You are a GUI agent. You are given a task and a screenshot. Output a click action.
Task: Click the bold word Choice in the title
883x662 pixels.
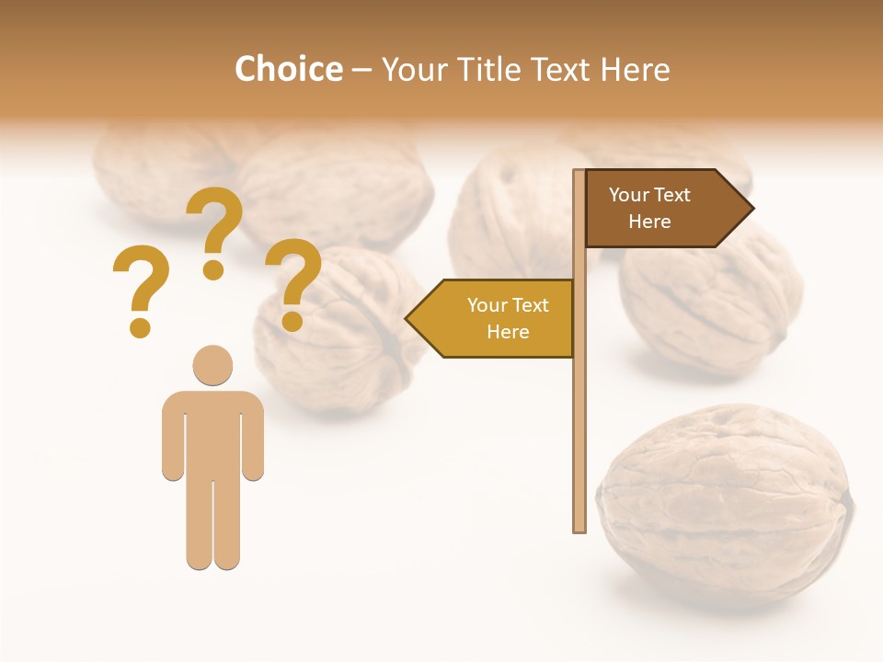pos(288,69)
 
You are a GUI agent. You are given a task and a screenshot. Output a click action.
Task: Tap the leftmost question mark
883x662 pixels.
pos(140,290)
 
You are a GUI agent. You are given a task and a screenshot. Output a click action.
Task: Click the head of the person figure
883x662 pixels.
pos(212,365)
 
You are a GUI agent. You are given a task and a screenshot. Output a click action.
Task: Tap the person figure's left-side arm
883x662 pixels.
pos(173,437)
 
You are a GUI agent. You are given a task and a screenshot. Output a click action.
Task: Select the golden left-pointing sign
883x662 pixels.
pos(497,318)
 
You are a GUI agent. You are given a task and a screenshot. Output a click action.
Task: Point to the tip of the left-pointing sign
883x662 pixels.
pos(409,319)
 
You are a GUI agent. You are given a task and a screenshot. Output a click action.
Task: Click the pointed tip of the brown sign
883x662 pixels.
pos(750,209)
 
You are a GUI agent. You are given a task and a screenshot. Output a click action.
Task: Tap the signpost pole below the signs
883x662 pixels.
pos(579,441)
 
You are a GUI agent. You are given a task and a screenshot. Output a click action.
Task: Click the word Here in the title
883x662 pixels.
pos(636,69)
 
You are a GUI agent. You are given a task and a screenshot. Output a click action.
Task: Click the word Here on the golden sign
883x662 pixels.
pos(508,332)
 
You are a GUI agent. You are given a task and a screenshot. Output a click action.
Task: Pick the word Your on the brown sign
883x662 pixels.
pos(629,195)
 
